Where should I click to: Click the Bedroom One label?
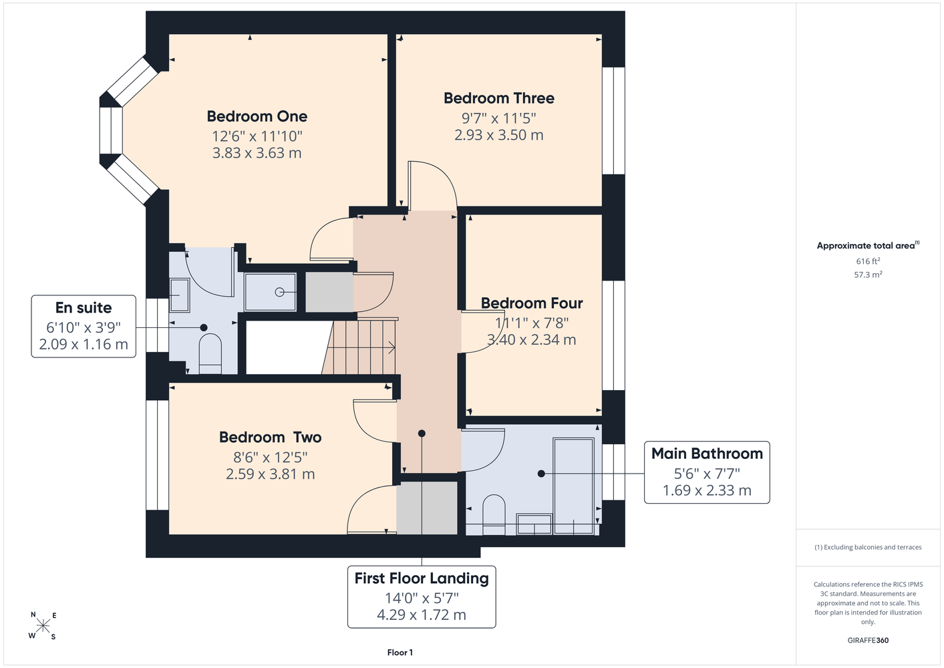pos(257,116)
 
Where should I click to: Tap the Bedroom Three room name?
pos(499,98)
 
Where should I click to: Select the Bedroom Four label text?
pos(532,303)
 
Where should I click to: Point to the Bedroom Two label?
pos(270,438)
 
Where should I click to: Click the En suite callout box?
pos(84,326)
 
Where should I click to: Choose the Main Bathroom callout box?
pos(707,472)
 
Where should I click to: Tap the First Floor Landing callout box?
pos(422,597)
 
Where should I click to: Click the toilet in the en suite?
pos(210,353)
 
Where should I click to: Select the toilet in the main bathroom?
pos(494,514)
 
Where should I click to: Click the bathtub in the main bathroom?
pos(574,486)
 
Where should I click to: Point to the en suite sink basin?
pos(180,295)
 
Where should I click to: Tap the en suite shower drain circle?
pos(279,292)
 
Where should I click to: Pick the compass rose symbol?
pos(43,626)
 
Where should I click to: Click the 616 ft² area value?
pos(868,261)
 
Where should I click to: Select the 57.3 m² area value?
pos(868,275)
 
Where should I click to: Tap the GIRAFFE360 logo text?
pos(868,640)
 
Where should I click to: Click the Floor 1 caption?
pos(400,653)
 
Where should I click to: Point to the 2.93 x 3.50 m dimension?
pos(498,135)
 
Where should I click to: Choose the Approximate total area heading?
pos(868,245)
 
